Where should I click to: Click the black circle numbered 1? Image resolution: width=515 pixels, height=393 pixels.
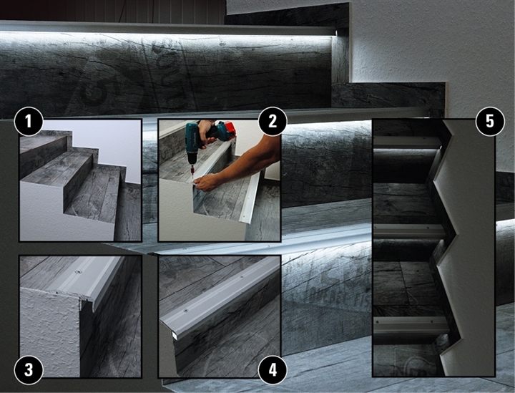coord(29,121)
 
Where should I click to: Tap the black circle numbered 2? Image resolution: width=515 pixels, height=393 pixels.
coord(273,121)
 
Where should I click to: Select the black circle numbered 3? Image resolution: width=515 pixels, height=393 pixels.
coord(29,369)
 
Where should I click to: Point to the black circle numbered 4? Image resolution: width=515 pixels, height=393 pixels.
coord(273,369)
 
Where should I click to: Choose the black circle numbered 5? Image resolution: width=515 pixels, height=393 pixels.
coord(490,121)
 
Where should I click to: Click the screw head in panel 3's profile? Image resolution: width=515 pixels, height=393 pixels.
coord(78,272)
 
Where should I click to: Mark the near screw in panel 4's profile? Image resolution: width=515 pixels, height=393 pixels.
coord(186,310)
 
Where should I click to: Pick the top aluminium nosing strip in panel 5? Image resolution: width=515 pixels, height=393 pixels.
coord(406,142)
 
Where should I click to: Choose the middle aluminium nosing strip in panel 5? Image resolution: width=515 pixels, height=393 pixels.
coord(409,231)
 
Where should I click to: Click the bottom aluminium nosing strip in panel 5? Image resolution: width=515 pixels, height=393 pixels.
coord(411,325)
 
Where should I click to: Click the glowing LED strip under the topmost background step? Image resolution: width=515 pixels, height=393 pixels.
coord(167,34)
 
